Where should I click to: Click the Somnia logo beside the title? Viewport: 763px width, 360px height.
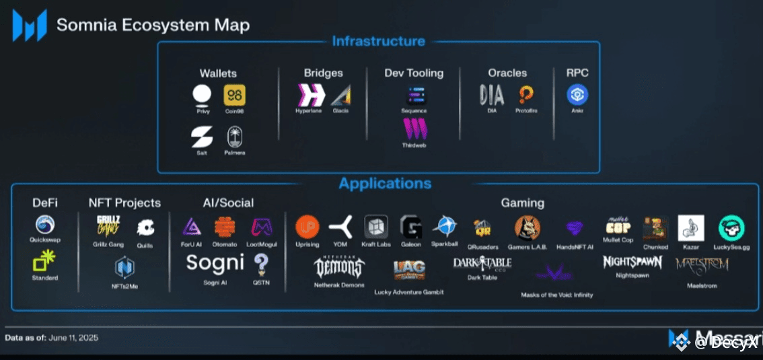pyautogui.click(x=30, y=26)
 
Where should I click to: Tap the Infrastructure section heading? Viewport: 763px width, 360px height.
pyautogui.click(x=378, y=41)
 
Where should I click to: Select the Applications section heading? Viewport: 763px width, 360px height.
pyautogui.click(x=385, y=183)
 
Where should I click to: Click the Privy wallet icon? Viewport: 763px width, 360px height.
pyautogui.click(x=203, y=95)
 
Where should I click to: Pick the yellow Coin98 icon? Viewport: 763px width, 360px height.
pyautogui.click(x=235, y=95)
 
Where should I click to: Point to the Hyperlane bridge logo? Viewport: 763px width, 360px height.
pyautogui.click(x=307, y=95)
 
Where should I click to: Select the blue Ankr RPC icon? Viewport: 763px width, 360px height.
pyautogui.click(x=577, y=95)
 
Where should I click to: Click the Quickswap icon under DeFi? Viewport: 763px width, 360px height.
pyautogui.click(x=44, y=225)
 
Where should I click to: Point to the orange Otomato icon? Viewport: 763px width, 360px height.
pyautogui.click(x=225, y=227)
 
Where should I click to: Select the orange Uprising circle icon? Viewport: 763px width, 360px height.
pyautogui.click(x=307, y=227)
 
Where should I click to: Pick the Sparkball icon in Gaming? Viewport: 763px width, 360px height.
pyautogui.click(x=445, y=227)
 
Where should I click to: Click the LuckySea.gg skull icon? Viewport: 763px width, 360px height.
pyautogui.click(x=731, y=228)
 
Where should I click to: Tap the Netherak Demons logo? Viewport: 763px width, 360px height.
pyautogui.click(x=340, y=267)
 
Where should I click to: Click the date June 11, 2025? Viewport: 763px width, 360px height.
pyautogui.click(x=73, y=338)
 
